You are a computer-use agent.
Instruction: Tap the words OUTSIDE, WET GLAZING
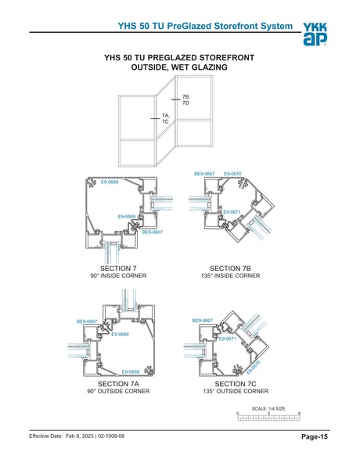pyautogui.click(x=179, y=68)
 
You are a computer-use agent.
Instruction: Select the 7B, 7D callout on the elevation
pyautogui.click(x=186, y=99)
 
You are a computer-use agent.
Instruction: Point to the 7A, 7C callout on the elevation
pyautogui.click(x=166, y=119)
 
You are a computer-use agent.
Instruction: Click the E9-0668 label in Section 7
pyautogui.click(x=110, y=182)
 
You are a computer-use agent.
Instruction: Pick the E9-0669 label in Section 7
pyautogui.click(x=126, y=216)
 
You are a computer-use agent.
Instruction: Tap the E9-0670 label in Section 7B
pyautogui.click(x=232, y=173)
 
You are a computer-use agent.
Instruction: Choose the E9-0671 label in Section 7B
pyautogui.click(x=232, y=212)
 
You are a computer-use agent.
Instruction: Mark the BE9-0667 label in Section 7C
pyautogui.click(x=202, y=320)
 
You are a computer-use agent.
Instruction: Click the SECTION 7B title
pyautogui.click(x=231, y=269)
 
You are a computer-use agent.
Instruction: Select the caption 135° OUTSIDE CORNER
pyautogui.click(x=236, y=391)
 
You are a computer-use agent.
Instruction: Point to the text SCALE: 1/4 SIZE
pyautogui.click(x=268, y=408)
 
